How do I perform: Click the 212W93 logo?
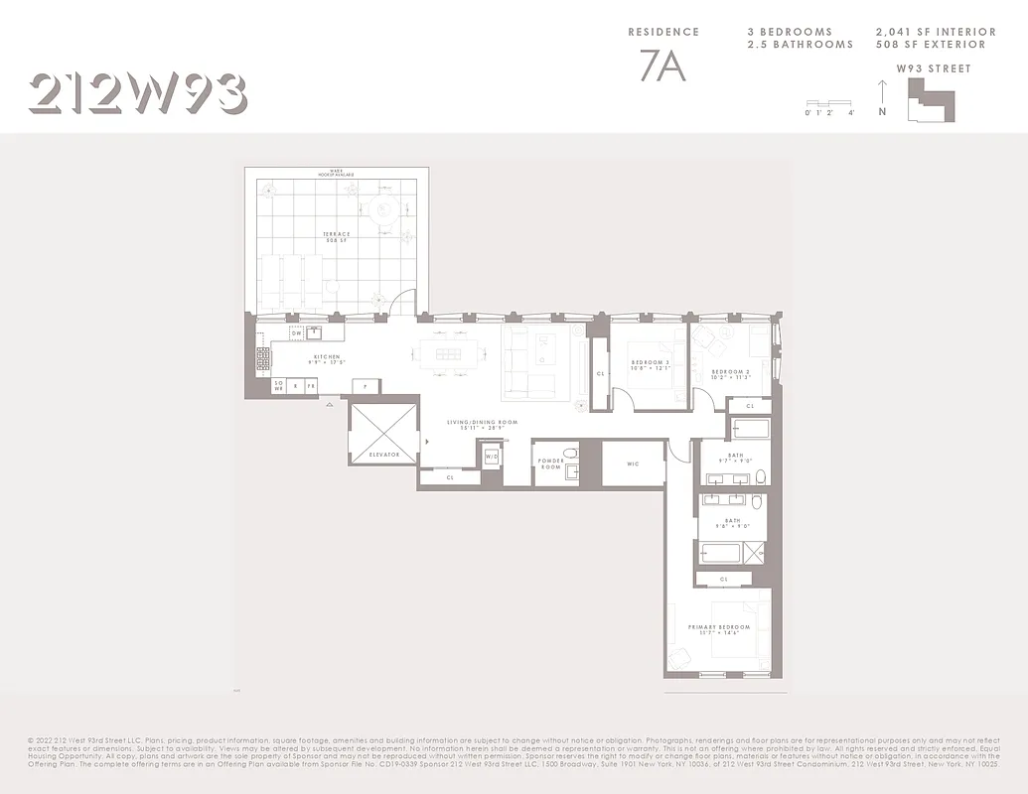138,93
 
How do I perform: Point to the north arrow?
882,97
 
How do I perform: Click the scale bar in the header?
829,103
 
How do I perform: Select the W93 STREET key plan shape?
930,100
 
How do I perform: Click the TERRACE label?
336,237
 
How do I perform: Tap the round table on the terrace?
385,209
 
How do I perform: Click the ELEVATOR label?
384,454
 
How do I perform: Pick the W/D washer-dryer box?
492,457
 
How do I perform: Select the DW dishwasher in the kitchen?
295,332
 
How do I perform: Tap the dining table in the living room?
442,354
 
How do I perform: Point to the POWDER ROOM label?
550,463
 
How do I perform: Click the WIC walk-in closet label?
634,463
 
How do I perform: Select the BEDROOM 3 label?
651,364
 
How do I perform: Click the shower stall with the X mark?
754,553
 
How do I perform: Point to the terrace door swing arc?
397,304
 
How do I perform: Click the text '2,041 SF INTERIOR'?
931,32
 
